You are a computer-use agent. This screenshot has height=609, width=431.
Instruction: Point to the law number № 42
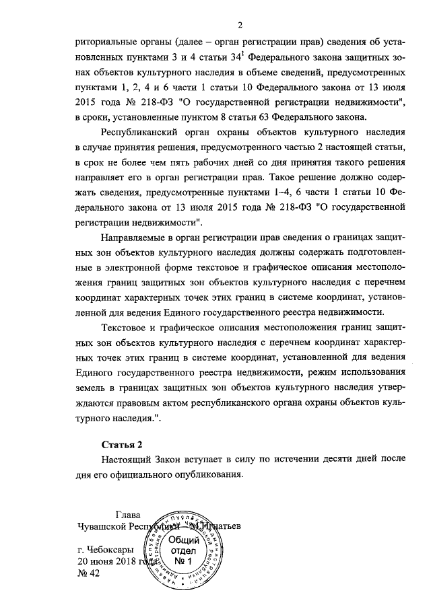click(88, 573)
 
